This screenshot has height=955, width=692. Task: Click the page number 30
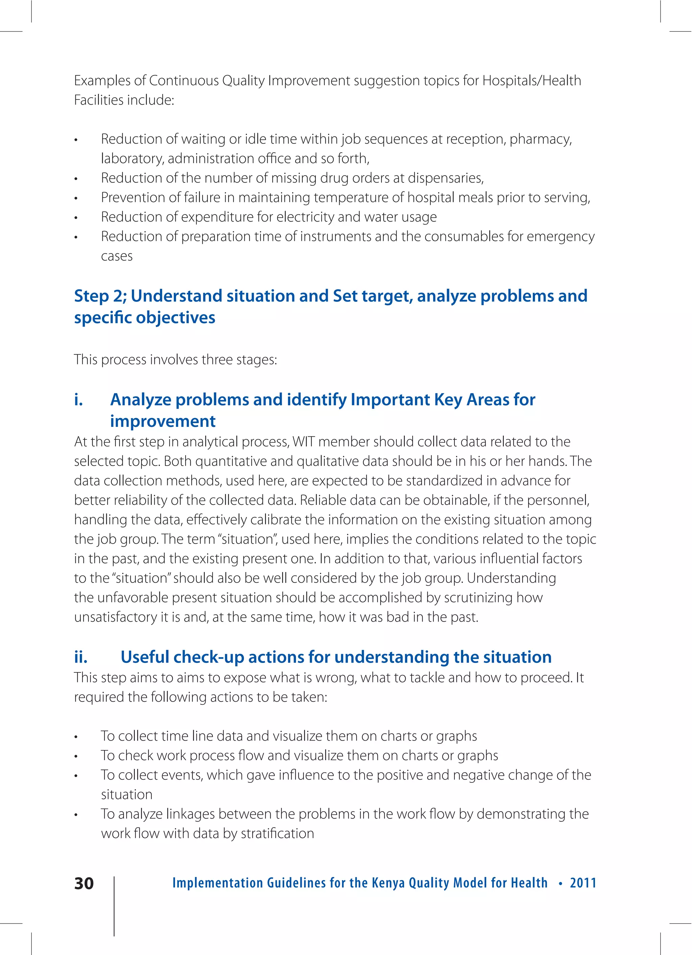[84, 883]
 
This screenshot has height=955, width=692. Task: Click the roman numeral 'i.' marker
[78, 399]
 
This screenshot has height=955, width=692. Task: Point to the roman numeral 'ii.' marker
[80, 657]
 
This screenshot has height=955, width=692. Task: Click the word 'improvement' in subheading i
[163, 421]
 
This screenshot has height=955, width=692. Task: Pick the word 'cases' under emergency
[117, 256]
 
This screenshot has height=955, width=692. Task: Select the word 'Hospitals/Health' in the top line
[532, 80]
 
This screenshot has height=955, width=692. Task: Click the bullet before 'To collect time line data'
[76, 737]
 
